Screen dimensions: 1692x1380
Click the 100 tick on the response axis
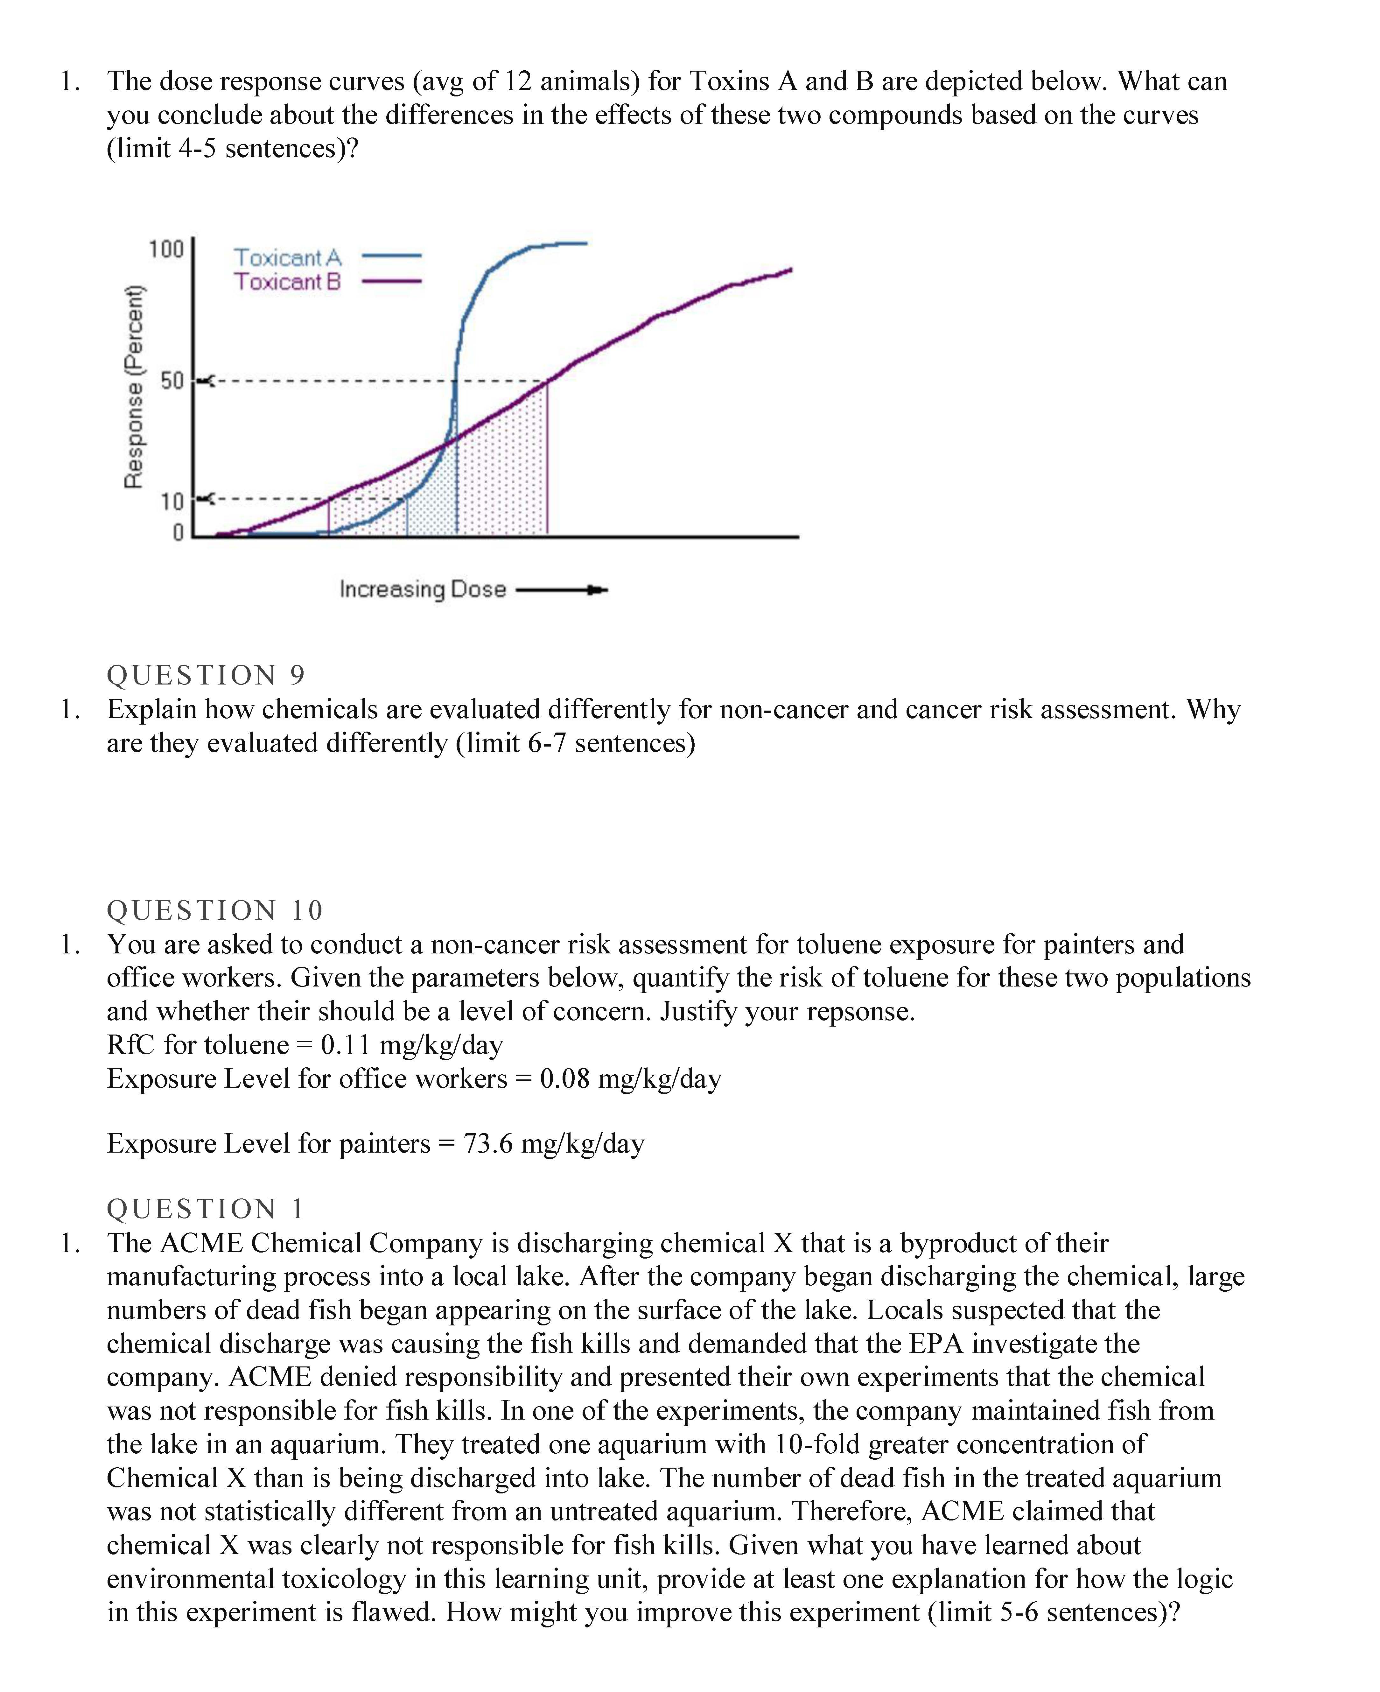(166, 250)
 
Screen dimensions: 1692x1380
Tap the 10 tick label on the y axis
(172, 502)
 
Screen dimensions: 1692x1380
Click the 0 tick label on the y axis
(178, 532)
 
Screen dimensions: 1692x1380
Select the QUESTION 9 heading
(206, 675)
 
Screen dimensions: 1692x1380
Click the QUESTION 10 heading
(215, 910)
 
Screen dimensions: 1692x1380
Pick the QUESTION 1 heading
(205, 1209)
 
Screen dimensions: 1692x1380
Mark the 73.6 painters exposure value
(488, 1143)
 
